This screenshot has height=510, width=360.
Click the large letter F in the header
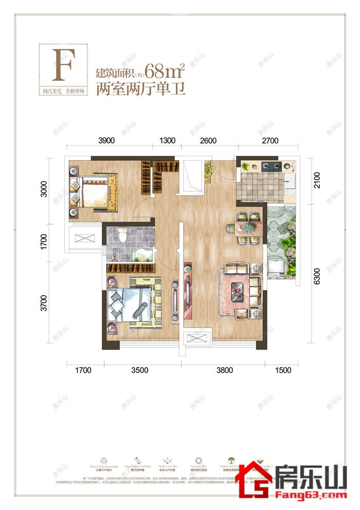[x=63, y=65]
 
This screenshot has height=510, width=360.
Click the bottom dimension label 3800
[x=224, y=370]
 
